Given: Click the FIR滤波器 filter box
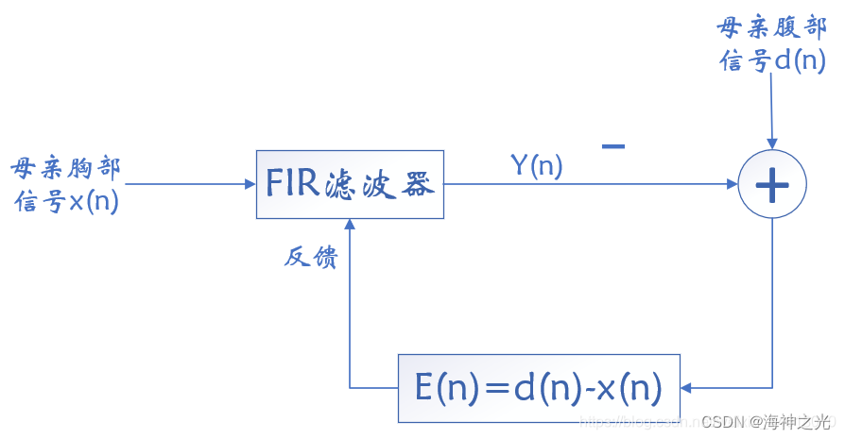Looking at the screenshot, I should pos(350,184).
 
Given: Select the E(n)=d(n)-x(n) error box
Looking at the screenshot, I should pos(538,388).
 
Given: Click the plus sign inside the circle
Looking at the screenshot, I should pos(772,185).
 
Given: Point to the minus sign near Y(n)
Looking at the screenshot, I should pos(612,146).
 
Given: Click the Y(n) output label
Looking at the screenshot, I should pos(536,166).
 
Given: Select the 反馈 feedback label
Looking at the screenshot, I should pos(310,257).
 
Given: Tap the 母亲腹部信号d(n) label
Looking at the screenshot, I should pos(773,44).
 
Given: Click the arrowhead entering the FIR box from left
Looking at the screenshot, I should pos(250,184).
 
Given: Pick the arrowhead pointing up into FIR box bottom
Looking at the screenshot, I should pos(350,226).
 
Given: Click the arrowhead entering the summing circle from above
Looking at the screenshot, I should pos(772,143).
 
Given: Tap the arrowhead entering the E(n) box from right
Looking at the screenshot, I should pos(687,388).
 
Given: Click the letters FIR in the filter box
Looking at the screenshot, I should pos(293,184).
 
